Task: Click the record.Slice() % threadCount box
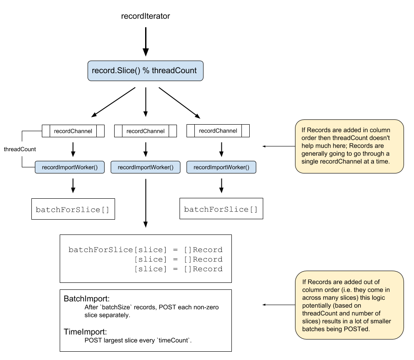pyautogui.click(x=145, y=71)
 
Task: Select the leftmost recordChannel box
pyautogui.click(x=73, y=131)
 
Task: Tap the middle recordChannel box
pyautogui.click(x=146, y=131)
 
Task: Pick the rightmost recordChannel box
pyautogui.click(x=218, y=131)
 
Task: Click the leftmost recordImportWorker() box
pyautogui.click(x=70, y=167)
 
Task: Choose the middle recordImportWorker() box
pyautogui.click(x=146, y=167)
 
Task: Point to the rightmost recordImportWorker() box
pyautogui.click(x=221, y=167)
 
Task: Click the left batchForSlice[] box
pyautogui.click(x=73, y=210)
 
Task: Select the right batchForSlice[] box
pyautogui.click(x=221, y=210)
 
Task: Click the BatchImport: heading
pyautogui.click(x=86, y=299)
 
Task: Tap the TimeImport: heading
pyautogui.click(x=85, y=331)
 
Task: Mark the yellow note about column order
pyautogui.click(x=349, y=146)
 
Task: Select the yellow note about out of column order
pyautogui.click(x=349, y=305)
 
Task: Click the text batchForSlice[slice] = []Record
pyautogui.click(x=146, y=250)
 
